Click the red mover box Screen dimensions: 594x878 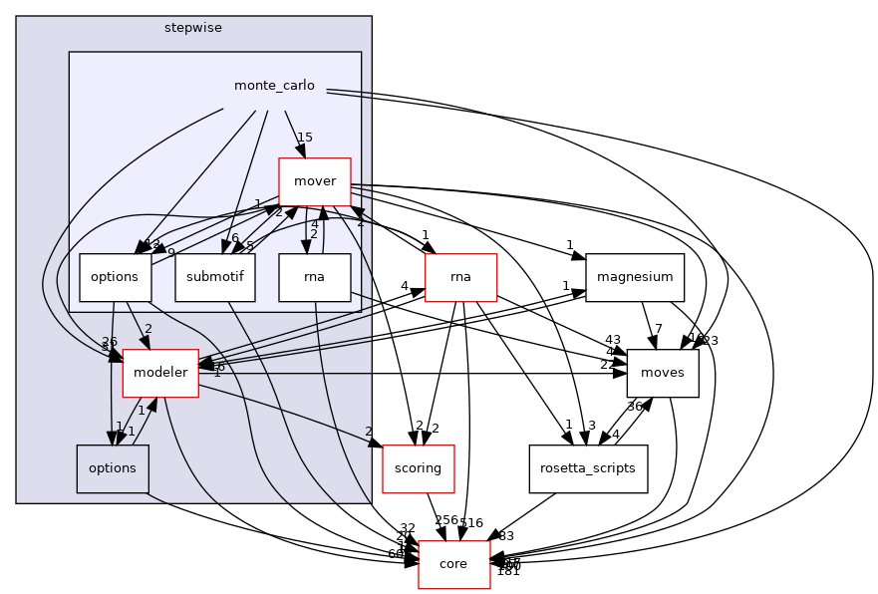click(x=314, y=182)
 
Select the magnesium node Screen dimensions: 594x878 click(x=635, y=278)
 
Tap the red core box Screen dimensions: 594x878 click(x=453, y=564)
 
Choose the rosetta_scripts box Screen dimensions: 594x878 click(x=588, y=468)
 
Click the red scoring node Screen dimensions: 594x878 click(x=419, y=468)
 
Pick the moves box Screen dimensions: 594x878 click(x=663, y=373)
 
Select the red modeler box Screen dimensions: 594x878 click(x=159, y=373)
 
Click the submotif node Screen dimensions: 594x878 click(x=215, y=278)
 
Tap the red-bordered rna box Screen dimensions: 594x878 click(x=460, y=278)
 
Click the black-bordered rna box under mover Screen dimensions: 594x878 click(x=314, y=278)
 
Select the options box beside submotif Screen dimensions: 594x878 click(x=114, y=278)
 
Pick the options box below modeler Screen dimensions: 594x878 click(x=113, y=468)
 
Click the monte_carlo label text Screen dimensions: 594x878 click(x=274, y=86)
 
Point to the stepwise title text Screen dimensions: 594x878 click(x=193, y=26)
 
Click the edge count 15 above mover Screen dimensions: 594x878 click(x=305, y=137)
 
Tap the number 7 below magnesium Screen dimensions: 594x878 click(x=658, y=329)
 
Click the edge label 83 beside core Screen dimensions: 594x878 click(x=506, y=536)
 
